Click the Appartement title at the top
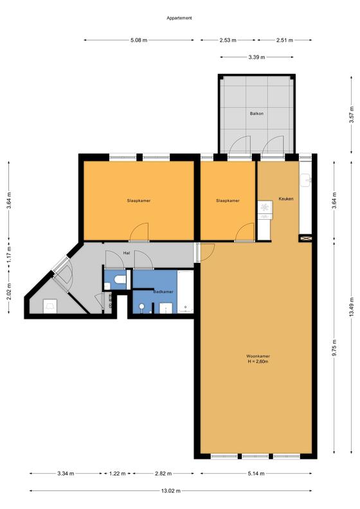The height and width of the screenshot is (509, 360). click(x=179, y=18)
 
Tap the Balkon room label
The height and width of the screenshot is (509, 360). click(x=256, y=114)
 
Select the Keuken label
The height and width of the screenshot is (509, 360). click(x=286, y=199)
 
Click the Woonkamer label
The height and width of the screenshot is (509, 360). click(x=258, y=356)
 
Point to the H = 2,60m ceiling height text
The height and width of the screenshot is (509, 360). click(x=258, y=362)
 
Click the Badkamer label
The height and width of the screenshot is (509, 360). click(x=163, y=292)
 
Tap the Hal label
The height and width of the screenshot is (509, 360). click(x=127, y=253)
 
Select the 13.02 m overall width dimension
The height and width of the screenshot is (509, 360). click(x=171, y=491)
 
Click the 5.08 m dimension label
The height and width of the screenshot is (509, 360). click(x=139, y=40)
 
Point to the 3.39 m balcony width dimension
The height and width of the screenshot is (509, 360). click(x=256, y=57)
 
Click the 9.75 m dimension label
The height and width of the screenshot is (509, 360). click(x=334, y=348)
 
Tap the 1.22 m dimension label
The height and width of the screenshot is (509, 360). click(x=117, y=474)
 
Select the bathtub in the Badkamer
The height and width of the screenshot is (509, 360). click(x=185, y=292)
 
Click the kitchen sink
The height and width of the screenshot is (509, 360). click(x=305, y=180)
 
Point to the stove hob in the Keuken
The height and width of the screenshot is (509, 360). click(x=265, y=206)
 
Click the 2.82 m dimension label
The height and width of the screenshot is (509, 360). click(x=163, y=474)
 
